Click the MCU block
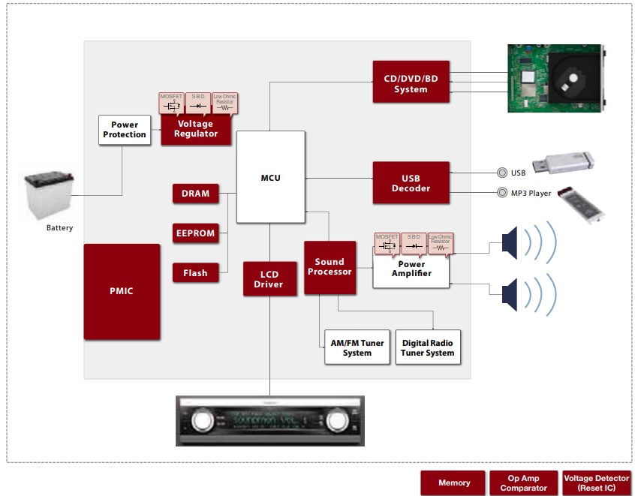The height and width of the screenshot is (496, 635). pos(270,177)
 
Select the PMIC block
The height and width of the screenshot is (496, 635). pos(122,291)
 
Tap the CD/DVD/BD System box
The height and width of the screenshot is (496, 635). pos(411,83)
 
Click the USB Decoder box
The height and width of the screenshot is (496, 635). pos(411,182)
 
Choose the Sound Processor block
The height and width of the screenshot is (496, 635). pos(330,266)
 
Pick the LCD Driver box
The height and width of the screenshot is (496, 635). pos(269,278)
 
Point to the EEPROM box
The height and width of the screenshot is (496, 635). pos(194,233)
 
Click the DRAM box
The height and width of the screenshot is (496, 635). pos(195,194)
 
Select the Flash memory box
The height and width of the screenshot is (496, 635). pos(195,273)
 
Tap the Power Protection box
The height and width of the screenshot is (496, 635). pos(124,130)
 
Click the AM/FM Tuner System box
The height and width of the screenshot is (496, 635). pos(357,347)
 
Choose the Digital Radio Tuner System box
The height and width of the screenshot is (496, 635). pos(427,347)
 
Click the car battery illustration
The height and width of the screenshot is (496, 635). pos(50,196)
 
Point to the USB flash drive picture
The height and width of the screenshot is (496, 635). pos(563,162)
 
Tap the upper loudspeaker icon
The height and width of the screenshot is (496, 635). pos(512,242)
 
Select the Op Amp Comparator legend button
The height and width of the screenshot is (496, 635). pos(523,483)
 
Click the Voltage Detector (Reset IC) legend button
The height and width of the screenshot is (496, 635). pos(596,483)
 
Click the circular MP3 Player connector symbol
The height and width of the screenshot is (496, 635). pos(504,193)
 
